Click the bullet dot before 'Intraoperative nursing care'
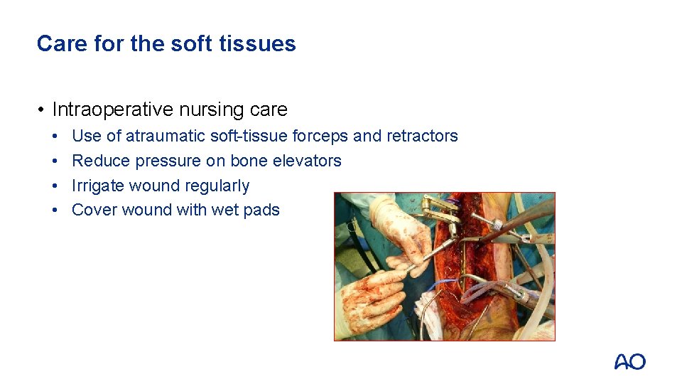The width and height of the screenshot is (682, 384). tap(43, 110)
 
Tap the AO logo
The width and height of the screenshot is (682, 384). tap(629, 362)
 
